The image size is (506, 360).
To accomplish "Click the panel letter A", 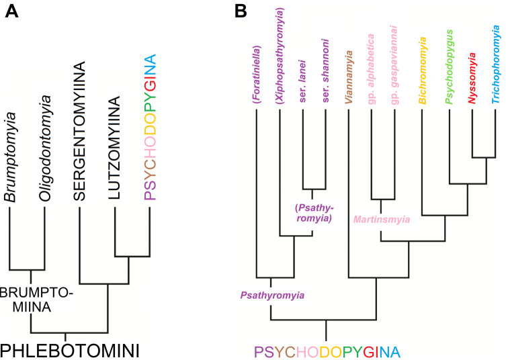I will click(12, 13).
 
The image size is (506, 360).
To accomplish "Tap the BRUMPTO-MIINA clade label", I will click(31, 300).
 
